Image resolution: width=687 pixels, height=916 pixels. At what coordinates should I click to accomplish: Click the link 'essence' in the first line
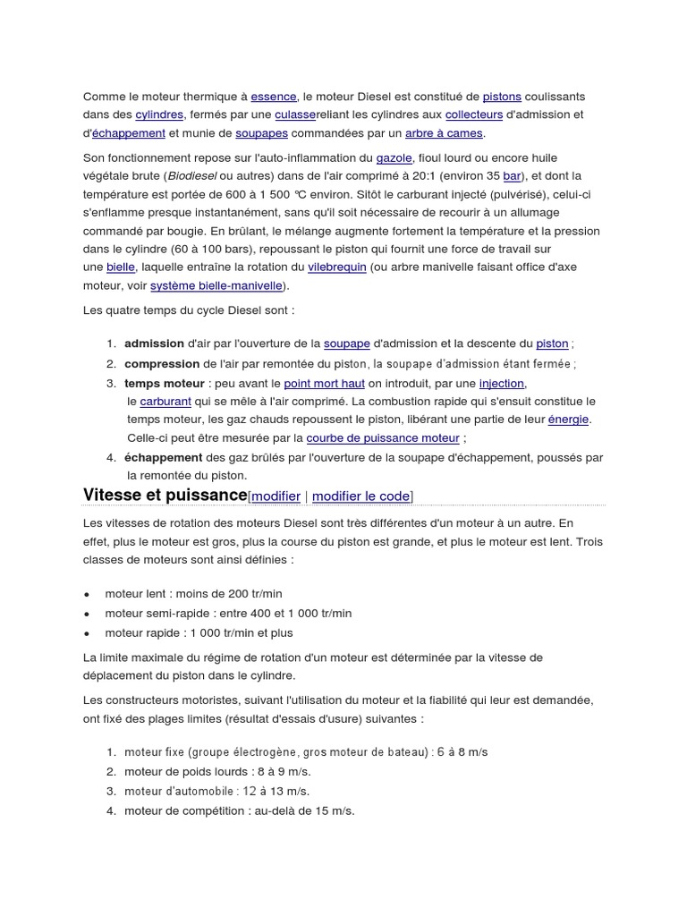pyautogui.click(x=273, y=96)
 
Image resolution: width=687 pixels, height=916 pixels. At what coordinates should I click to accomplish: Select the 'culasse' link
pyautogui.click(x=295, y=114)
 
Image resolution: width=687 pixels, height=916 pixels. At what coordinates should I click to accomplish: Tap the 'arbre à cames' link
pyautogui.click(x=444, y=133)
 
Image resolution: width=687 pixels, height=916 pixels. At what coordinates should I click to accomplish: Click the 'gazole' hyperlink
pyautogui.click(x=394, y=157)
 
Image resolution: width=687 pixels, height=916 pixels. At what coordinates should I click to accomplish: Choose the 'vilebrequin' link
pyautogui.click(x=336, y=267)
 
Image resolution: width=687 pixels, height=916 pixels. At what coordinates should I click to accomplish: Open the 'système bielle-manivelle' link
pyautogui.click(x=216, y=286)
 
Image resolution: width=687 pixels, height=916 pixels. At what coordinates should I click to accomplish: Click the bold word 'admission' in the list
pyautogui.click(x=154, y=343)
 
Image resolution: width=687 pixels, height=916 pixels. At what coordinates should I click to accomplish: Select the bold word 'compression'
pyautogui.click(x=162, y=363)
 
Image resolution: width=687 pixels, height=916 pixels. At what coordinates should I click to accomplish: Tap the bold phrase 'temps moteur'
pyautogui.click(x=165, y=383)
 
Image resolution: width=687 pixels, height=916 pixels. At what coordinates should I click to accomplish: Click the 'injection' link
pyautogui.click(x=502, y=383)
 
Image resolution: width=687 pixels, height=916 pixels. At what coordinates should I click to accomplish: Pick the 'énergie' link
pyautogui.click(x=569, y=420)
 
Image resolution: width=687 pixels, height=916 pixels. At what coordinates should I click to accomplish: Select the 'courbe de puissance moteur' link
pyautogui.click(x=383, y=438)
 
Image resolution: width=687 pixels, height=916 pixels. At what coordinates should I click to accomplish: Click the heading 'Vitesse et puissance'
pyautogui.click(x=165, y=495)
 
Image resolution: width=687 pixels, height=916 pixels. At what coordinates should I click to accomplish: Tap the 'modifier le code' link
pyautogui.click(x=360, y=496)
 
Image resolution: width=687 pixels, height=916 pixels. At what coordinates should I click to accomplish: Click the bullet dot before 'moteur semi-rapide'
pyautogui.click(x=87, y=614)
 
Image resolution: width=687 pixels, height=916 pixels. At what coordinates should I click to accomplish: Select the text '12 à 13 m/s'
pyautogui.click(x=276, y=791)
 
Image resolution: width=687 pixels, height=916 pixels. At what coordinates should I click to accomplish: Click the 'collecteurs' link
pyautogui.click(x=474, y=114)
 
